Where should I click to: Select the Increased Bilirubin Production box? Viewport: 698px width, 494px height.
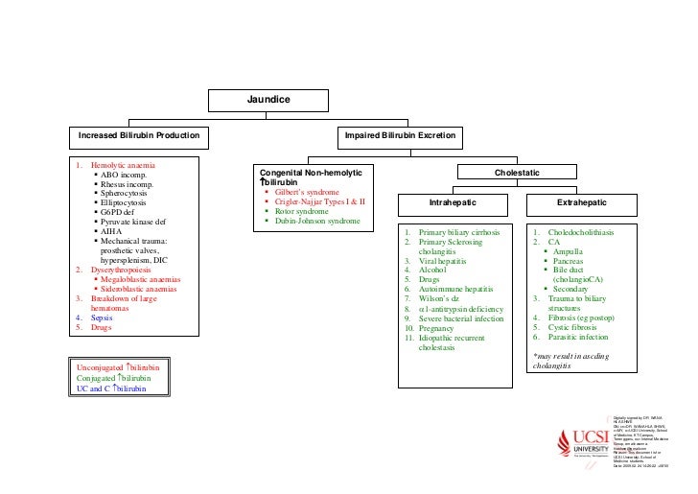(139, 136)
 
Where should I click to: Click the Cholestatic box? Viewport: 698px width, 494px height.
(517, 172)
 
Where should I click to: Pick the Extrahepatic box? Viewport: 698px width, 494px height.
(578, 204)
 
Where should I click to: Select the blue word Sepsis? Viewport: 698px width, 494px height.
(101, 317)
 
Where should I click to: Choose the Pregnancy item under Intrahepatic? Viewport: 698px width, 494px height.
(442, 328)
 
